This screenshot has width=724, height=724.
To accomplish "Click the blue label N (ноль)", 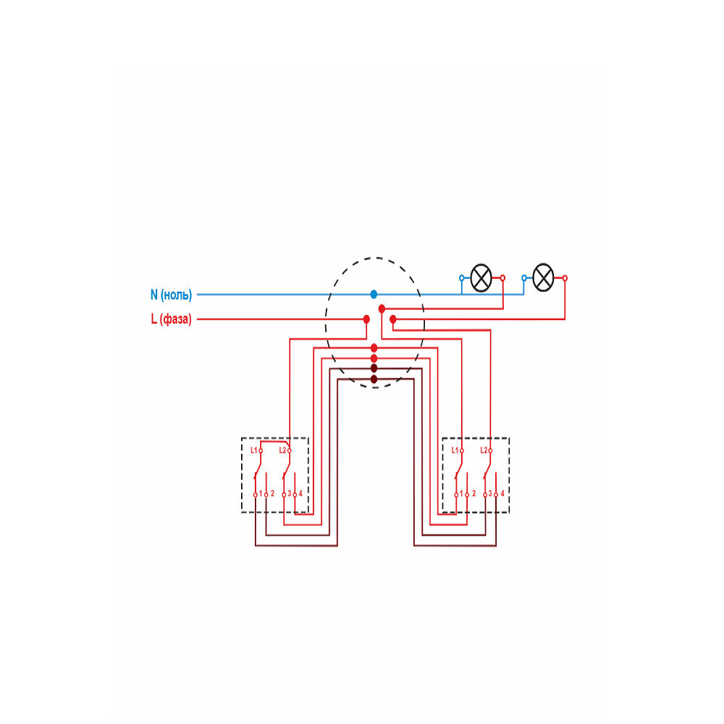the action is tap(172, 295).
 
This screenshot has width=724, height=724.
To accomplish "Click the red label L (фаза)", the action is tap(172, 319).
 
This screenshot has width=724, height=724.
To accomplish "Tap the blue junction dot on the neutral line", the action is tap(374, 294).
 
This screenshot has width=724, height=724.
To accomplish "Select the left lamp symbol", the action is tap(481, 278).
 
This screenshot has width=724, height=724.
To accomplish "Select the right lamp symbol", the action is tap(544, 278).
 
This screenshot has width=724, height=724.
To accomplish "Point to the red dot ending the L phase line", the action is tap(366, 319).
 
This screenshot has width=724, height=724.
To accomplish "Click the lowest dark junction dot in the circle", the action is tap(374, 379).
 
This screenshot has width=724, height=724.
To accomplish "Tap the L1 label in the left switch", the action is tap(254, 450).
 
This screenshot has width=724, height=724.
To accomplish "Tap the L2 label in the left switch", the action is tap(282, 450).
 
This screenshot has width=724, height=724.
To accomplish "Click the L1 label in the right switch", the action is tap(455, 450).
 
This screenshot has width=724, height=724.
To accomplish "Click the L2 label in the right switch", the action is tap(484, 450).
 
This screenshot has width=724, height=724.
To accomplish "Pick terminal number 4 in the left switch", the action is tap(300, 494).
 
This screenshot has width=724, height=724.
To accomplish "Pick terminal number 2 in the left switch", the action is tap(272, 494).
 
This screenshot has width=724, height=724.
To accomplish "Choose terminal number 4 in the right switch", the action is tap(502, 494).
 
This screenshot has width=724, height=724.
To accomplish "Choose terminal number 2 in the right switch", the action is tap(473, 494).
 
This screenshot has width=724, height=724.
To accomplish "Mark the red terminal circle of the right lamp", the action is tap(565, 278).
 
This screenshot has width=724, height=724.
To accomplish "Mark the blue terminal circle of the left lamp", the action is tap(462, 278).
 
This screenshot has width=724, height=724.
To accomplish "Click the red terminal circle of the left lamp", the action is tap(503, 278).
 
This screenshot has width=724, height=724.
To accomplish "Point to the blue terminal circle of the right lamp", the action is tap(524, 278).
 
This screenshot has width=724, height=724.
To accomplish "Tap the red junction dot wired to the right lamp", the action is tap(393, 319).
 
